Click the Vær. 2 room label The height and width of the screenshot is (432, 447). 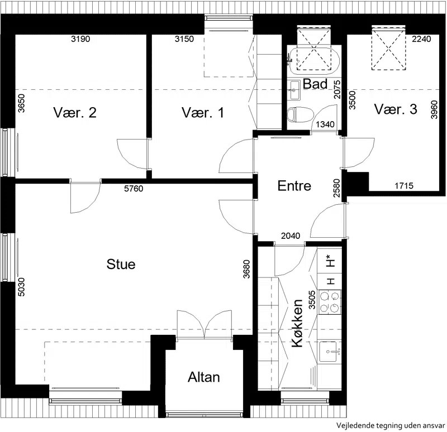tap(75, 113)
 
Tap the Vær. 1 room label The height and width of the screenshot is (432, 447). tap(203, 113)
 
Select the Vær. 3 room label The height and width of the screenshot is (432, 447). tap(396, 109)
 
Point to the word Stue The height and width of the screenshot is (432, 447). tap(121, 264)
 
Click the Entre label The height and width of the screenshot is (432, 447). tap(294, 186)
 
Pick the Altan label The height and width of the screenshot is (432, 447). tap(204, 377)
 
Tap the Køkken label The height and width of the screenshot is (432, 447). tap(297, 323)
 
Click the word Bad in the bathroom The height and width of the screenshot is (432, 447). tap(315, 84)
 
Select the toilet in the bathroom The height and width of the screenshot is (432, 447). tap(300, 115)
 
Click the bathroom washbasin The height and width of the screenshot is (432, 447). tap(293, 90)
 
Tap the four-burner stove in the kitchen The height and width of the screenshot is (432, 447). tap(330, 302)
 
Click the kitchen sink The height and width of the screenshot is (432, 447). tap(330, 352)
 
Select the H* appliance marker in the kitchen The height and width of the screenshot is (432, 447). tap(330, 261)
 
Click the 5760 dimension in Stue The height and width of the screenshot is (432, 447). tap(134, 189)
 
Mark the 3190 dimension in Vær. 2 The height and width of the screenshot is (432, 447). tap(80, 39)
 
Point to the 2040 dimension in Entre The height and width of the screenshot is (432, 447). tap(291, 236)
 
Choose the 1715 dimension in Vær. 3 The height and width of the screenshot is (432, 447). tap(404, 186)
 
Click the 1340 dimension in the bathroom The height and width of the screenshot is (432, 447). tap(325, 124)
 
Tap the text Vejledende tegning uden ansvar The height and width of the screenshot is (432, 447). tap(390, 425)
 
